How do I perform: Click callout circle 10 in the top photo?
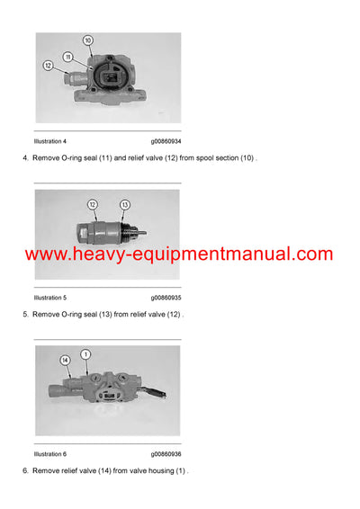tap(87, 41)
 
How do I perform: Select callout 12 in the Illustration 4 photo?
tap(48, 65)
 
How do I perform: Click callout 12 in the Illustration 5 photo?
tap(92, 205)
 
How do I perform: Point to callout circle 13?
tap(124, 205)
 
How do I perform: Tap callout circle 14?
tap(66, 361)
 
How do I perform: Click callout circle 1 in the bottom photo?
tap(86, 354)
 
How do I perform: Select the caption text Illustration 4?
tap(50, 141)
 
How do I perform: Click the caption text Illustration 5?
tap(50, 298)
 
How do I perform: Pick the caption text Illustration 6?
tap(50, 453)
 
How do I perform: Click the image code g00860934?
tap(166, 141)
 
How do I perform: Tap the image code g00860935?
tap(166, 298)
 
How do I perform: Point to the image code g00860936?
tap(166, 453)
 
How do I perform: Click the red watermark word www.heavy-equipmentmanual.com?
tap(179, 254)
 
